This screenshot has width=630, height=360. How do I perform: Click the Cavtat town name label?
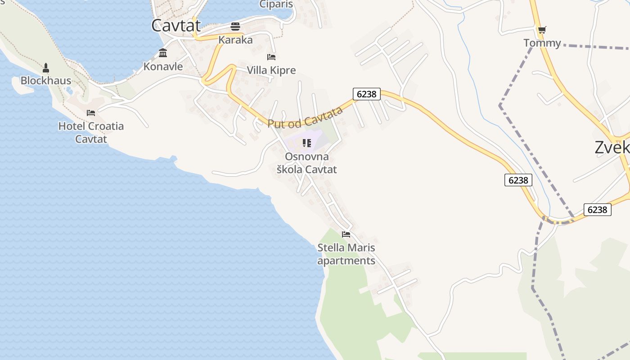tap(175, 26)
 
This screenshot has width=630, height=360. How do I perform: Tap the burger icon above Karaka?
tap(235, 26)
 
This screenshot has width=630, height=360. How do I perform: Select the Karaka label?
tap(235, 40)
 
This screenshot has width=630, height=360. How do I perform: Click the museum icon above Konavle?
tap(163, 53)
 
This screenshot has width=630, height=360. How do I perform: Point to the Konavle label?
tap(163, 67)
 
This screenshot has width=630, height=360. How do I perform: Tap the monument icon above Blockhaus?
tap(45, 68)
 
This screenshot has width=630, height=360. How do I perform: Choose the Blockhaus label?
tap(46, 81)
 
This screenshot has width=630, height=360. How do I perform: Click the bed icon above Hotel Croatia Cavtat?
tap(91, 112)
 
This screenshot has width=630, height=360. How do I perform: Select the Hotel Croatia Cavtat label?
tap(91, 132)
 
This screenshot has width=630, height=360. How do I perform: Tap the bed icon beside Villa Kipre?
tap(271, 57)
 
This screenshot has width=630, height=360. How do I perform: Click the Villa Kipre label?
tap(271, 71)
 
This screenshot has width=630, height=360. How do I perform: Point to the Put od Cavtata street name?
tap(302, 118)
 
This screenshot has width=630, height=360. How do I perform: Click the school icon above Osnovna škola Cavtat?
tap(307, 143)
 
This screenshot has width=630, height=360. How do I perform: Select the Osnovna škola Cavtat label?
tap(306, 163)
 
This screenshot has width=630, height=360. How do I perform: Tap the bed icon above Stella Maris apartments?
tap(346, 234)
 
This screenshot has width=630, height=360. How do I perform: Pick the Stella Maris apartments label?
tap(346, 254)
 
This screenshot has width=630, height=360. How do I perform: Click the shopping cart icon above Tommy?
tap(542, 30)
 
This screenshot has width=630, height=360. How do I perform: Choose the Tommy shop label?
tap(542, 43)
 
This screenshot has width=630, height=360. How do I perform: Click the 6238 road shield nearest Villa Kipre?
tap(367, 94)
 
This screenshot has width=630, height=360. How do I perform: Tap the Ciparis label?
tap(276, 4)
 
